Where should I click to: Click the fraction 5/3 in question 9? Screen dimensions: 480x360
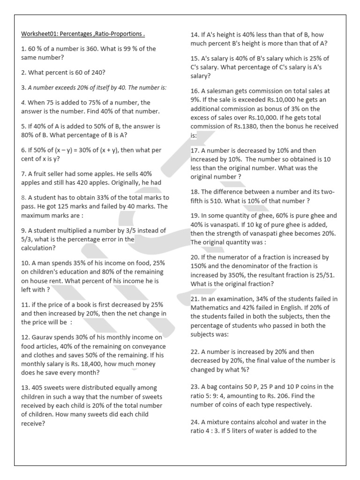click(28, 239)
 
